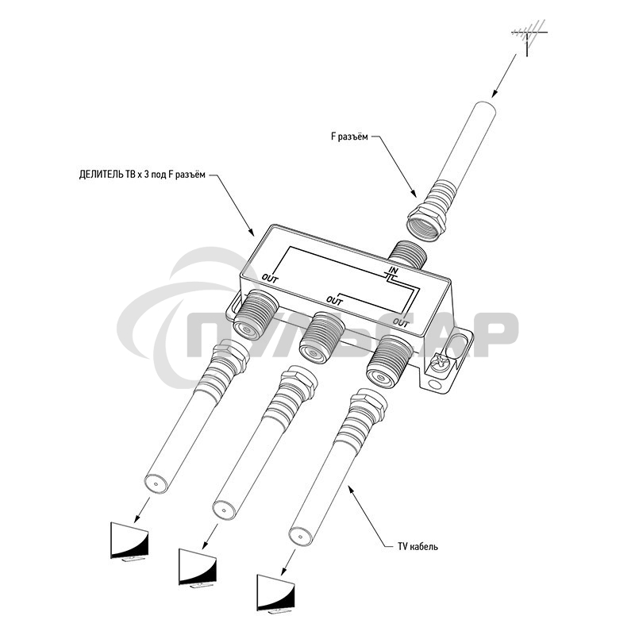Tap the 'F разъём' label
(x=349, y=137)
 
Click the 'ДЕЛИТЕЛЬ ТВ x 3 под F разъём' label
(x=142, y=175)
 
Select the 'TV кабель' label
(x=418, y=547)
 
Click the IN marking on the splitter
(x=393, y=270)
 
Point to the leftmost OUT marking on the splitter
(x=270, y=279)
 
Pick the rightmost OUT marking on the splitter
(x=401, y=323)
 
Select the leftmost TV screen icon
(x=129, y=541)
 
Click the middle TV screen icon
(x=198, y=568)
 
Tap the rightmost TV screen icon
(x=275, y=593)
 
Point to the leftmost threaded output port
(x=254, y=313)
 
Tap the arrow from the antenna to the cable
(x=504, y=75)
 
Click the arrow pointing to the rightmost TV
(x=287, y=562)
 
